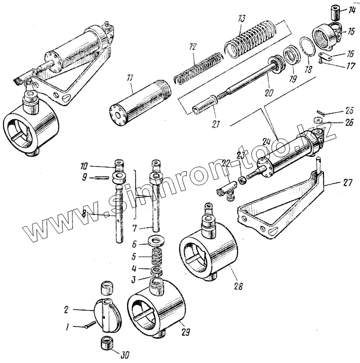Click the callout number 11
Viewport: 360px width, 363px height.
(x=130, y=77)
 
